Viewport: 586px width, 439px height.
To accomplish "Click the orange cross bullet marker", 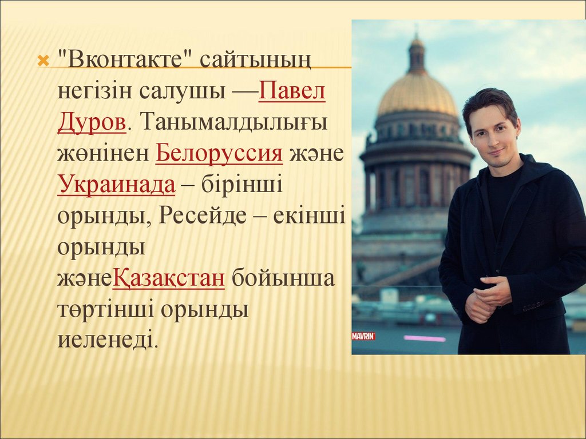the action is click(43, 61).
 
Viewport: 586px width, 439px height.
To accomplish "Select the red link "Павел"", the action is click(292, 90).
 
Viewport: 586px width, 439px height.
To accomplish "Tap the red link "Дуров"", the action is click(92, 122).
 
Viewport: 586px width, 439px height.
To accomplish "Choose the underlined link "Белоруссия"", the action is click(219, 153).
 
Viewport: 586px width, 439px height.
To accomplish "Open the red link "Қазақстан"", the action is click(169, 278).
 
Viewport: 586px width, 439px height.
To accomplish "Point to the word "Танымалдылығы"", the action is click(234, 122).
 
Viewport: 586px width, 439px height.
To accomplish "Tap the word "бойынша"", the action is click(283, 278).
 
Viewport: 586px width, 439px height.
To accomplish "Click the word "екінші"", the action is click(310, 215).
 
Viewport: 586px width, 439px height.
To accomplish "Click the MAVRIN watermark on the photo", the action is click(363, 336).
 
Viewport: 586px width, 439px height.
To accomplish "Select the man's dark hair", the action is click(489, 106).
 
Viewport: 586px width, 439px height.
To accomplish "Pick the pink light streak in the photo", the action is click(425, 338).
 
